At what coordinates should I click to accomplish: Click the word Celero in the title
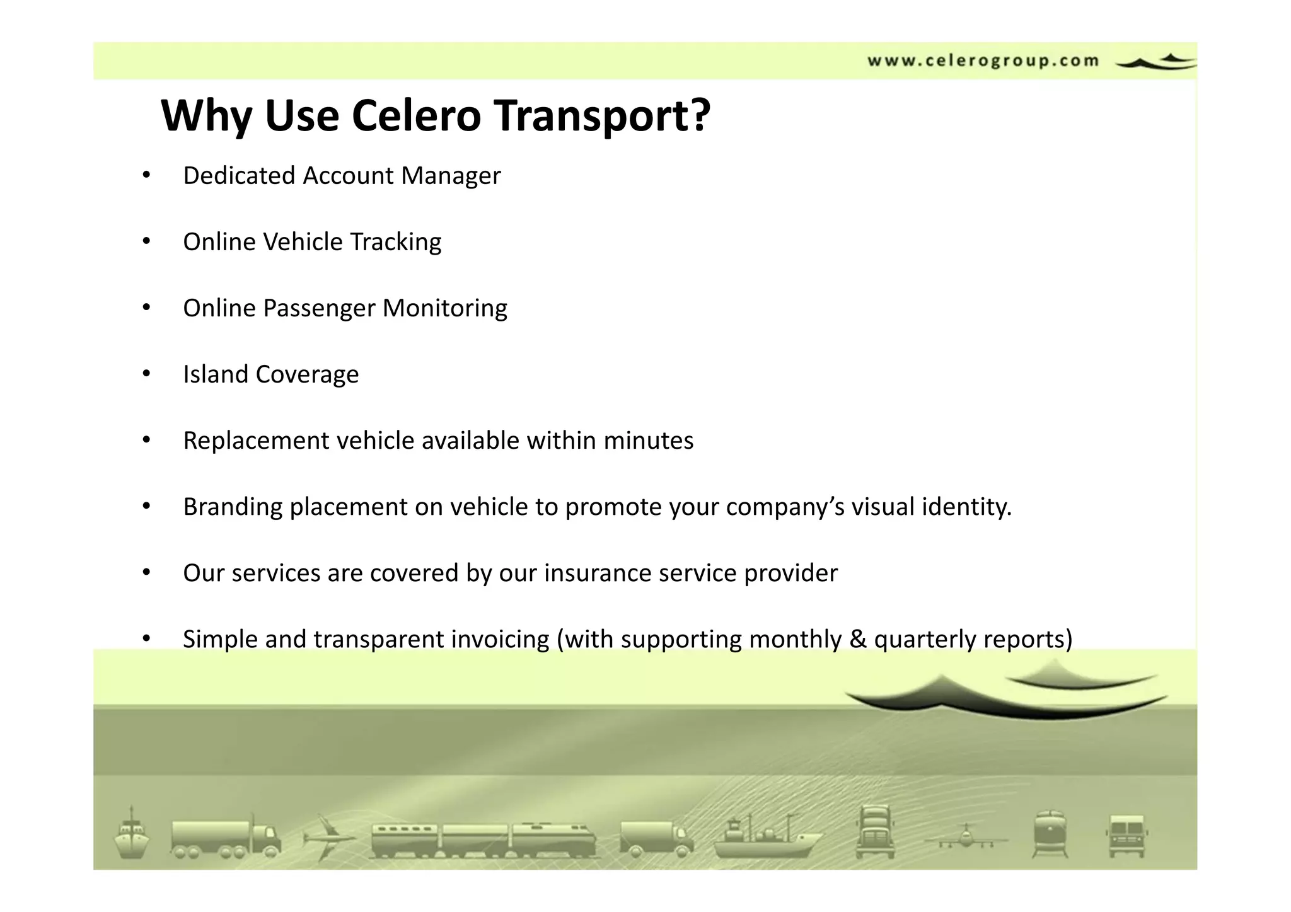(416, 116)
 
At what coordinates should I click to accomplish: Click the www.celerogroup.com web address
(983, 61)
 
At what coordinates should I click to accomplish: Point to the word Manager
(451, 176)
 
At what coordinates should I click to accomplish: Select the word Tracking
(395, 242)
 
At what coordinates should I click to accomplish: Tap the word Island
(216, 374)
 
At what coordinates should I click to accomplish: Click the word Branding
(233, 507)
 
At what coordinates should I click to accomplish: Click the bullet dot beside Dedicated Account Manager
(146, 175)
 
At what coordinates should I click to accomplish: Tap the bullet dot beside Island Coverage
(146, 374)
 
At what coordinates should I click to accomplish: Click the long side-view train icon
(483, 840)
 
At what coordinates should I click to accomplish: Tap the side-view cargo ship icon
(766, 838)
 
